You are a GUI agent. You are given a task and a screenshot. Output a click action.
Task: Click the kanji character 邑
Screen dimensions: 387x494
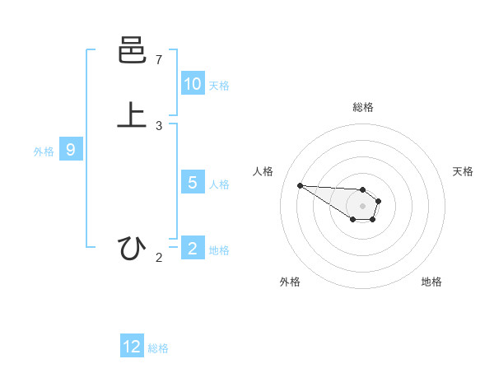point(132,53)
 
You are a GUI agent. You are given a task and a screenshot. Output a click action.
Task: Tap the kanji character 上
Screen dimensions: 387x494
point(132,115)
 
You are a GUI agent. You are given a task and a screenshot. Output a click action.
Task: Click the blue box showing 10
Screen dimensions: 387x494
point(193,84)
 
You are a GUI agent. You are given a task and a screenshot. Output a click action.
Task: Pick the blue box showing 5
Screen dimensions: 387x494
point(193,183)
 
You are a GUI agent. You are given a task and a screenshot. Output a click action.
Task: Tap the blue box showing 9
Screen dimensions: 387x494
point(71,150)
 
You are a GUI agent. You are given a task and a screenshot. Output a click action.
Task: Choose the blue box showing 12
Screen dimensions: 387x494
point(132,347)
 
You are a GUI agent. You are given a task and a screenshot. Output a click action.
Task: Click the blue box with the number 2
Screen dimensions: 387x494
point(193,249)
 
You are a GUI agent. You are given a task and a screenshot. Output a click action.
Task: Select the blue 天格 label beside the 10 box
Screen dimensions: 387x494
point(219,86)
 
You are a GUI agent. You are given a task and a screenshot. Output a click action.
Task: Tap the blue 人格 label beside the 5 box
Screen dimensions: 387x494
point(219,184)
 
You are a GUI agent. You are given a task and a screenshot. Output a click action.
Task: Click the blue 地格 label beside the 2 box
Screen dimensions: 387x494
point(219,250)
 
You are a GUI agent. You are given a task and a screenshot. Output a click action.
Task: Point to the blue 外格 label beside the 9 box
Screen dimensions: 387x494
point(44,152)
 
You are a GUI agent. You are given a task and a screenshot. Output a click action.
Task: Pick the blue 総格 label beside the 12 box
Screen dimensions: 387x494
point(158,348)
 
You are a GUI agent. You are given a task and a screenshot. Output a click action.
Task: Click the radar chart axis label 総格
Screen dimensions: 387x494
point(363,107)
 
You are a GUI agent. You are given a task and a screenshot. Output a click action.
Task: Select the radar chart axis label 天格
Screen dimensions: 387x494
point(463,171)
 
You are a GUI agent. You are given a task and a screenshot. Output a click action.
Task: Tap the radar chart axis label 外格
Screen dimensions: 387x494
point(290,282)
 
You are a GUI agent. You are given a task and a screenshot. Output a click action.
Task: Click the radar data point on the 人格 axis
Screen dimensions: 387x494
point(300,185)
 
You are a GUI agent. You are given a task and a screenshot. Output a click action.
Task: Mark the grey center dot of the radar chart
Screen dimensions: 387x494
point(362,206)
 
